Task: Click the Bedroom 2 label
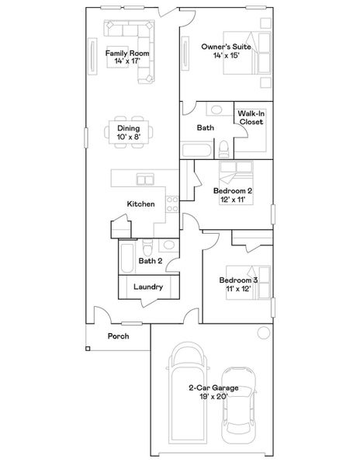232,190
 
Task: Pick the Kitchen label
140,204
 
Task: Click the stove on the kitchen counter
172,204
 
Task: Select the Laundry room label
147,287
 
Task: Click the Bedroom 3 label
237,280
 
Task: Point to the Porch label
118,336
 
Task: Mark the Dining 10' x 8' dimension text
128,137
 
